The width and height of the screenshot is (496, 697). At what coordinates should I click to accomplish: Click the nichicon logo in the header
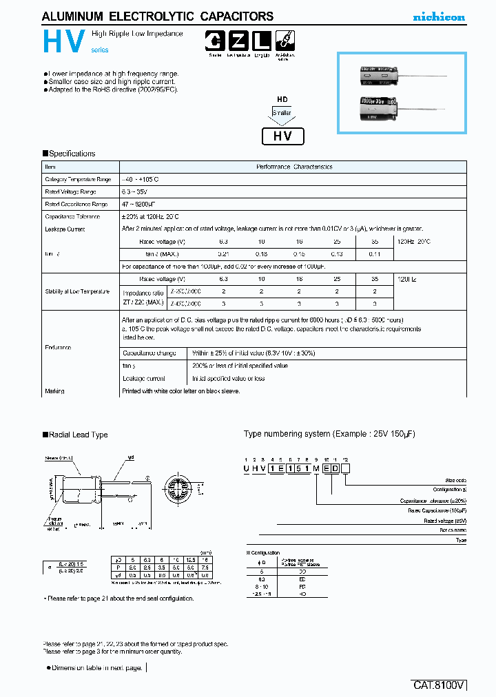click(x=438, y=17)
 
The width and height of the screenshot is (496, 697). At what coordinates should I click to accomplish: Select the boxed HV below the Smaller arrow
click(x=283, y=136)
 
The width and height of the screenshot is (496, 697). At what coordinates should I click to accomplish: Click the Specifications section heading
click(x=69, y=154)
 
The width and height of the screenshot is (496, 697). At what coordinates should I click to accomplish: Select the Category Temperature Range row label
click(x=77, y=179)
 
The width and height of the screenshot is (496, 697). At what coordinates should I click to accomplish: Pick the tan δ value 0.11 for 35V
click(x=375, y=254)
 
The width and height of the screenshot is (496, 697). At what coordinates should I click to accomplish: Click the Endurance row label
click(x=58, y=348)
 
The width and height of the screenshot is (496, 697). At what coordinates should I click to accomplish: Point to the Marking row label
click(x=54, y=391)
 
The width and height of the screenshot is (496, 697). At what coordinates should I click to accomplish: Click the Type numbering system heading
click(x=329, y=434)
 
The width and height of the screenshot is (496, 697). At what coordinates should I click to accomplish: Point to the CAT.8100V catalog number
click(x=440, y=685)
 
